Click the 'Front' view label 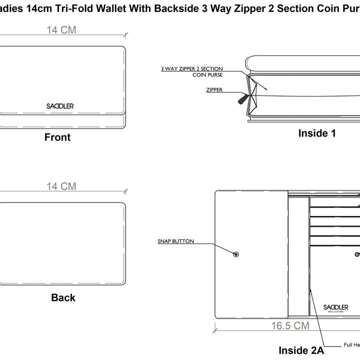pyautogui.click(x=57, y=137)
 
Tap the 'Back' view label pyautogui.click(x=63, y=297)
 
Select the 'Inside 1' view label pyautogui.click(x=317, y=133)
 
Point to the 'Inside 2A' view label pyautogui.click(x=301, y=350)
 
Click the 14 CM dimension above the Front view pyautogui.click(x=61, y=30)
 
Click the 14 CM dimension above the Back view pyautogui.click(x=61, y=186)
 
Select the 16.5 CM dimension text pyautogui.click(x=290, y=326)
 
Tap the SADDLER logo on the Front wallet pyautogui.click(x=59, y=106)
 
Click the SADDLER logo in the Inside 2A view pyautogui.click(x=335, y=307)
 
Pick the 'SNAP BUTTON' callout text pyautogui.click(x=175, y=241)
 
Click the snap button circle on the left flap pyautogui.click(x=236, y=254)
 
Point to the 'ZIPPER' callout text pyautogui.click(x=214, y=90)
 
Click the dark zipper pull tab pyautogui.click(x=242, y=99)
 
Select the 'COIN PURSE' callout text pyautogui.click(x=207, y=75)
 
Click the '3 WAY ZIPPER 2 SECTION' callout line pyautogui.click(x=191, y=68)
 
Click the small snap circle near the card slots pyautogui.click(x=356, y=254)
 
